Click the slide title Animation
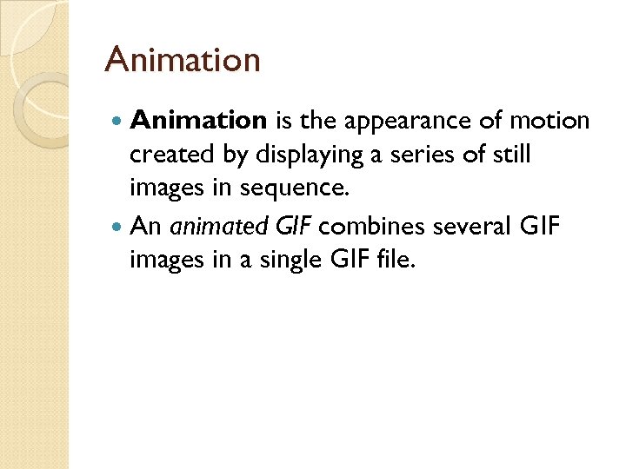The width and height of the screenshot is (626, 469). (x=182, y=60)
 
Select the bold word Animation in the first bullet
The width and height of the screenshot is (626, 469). (x=197, y=121)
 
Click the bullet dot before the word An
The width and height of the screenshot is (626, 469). (x=118, y=226)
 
